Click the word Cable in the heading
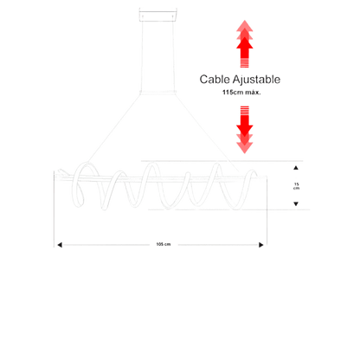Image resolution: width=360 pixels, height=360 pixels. coord(214,80)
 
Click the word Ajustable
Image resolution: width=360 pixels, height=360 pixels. coord(256,80)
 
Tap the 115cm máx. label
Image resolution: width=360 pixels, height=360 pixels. coord(241,93)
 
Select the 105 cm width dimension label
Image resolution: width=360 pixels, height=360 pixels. coord(164,244)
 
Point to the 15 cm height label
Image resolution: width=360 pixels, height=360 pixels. coord(296,186)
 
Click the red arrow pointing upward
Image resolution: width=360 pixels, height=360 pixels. coord(245,44)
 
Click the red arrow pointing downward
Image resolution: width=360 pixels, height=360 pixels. coord(245,130)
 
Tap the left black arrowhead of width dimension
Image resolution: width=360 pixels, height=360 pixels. coord(60,245)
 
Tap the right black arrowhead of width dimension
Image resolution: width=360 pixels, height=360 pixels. coord(261,245)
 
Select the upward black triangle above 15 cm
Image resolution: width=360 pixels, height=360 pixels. coord(296,168)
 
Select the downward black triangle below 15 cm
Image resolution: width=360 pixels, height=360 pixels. coord(296,204)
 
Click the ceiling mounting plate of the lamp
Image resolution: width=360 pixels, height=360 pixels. coord(158,15)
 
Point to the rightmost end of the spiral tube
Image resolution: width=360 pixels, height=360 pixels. coord(255,174)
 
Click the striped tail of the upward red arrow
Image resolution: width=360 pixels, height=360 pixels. coord(245,62)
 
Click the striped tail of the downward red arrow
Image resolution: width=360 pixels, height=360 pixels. coord(245,111)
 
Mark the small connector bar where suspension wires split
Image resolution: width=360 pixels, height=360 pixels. coord(157,93)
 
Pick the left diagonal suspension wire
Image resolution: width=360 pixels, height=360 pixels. coord(114,128)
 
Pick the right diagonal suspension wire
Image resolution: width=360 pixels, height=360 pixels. coord(207,132)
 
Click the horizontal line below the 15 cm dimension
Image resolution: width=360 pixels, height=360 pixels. coord(228,209)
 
